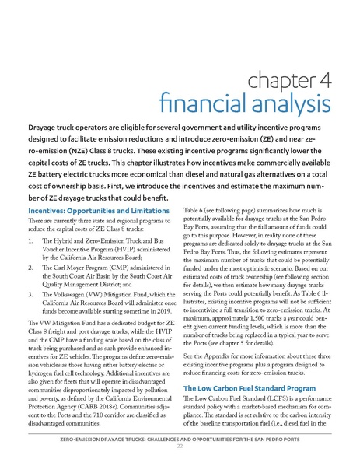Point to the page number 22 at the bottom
pyautogui.click(x=180, y=455)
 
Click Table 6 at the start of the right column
pyautogui.click(x=195, y=211)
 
